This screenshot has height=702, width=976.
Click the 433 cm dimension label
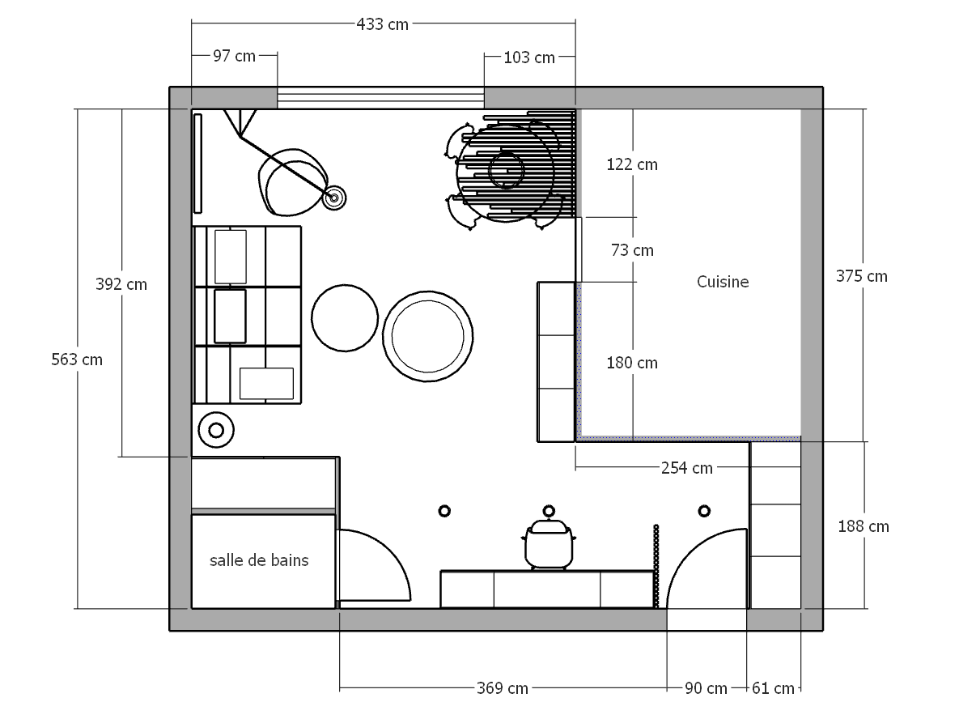point(383,23)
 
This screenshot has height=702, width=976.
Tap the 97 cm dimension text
point(234,56)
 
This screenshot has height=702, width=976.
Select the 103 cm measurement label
point(529,57)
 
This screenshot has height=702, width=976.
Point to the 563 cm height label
point(77,359)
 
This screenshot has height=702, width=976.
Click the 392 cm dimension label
point(121,284)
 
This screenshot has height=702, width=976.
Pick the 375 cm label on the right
point(861,276)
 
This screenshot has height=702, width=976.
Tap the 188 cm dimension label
point(864,526)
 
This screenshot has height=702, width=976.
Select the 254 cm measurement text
point(687,467)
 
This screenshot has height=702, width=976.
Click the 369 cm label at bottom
point(502,688)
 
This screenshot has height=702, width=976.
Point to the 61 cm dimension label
point(773,688)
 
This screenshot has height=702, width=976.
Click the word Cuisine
point(723,282)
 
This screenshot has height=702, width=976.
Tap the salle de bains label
point(259,559)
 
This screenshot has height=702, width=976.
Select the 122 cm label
point(632,164)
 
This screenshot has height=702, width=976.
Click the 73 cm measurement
point(632,250)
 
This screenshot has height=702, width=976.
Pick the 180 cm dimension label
point(632,363)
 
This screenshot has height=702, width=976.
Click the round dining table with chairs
point(506,172)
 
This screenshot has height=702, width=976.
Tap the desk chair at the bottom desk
point(550,545)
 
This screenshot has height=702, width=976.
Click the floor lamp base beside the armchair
point(333,197)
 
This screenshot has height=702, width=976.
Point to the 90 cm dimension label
point(705,688)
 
